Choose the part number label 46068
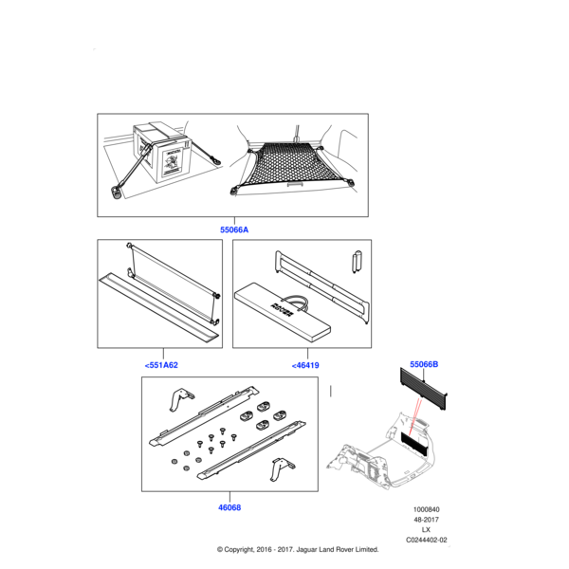click(229, 507)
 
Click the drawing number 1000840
click(425, 509)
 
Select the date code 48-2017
click(425, 520)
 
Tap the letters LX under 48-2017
click(425, 529)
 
